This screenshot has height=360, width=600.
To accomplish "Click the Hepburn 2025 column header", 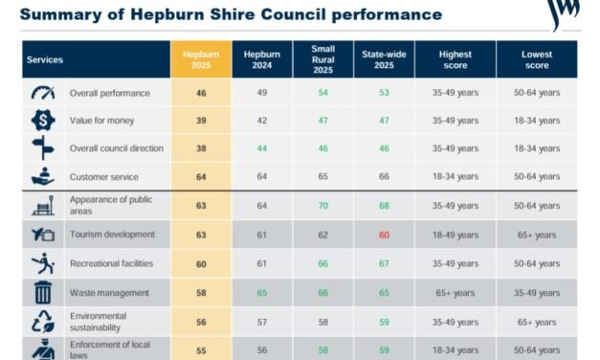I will pyautogui.click(x=201, y=59).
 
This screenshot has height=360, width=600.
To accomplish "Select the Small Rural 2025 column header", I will pyautogui.click(x=322, y=59).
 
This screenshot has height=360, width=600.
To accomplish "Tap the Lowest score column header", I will pyautogui.click(x=536, y=59).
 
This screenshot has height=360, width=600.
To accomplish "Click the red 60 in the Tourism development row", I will pyautogui.click(x=383, y=234).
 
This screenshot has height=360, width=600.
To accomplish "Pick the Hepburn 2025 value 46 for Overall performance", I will pyautogui.click(x=201, y=93).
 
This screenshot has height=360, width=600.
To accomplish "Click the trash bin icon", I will pyautogui.click(x=43, y=293).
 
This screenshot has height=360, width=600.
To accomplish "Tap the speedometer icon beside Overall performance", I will pyautogui.click(x=43, y=93).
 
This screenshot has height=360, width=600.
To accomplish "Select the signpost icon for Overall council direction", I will pyautogui.click(x=43, y=148).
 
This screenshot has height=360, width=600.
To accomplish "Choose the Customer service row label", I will pyautogui.click(x=103, y=177).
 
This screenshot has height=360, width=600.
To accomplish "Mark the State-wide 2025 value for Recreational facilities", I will pyautogui.click(x=383, y=263).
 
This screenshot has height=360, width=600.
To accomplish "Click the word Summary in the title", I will pyautogui.click(x=60, y=14).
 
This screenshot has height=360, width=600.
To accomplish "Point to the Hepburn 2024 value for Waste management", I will pyautogui.click(x=261, y=292).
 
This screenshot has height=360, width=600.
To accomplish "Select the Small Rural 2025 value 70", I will pyautogui.click(x=322, y=205).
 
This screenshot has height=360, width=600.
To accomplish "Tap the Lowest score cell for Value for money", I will pyautogui.click(x=536, y=121).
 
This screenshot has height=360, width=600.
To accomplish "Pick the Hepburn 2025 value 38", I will pyautogui.click(x=201, y=148).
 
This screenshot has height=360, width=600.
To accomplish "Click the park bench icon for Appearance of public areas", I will pyautogui.click(x=43, y=205).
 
